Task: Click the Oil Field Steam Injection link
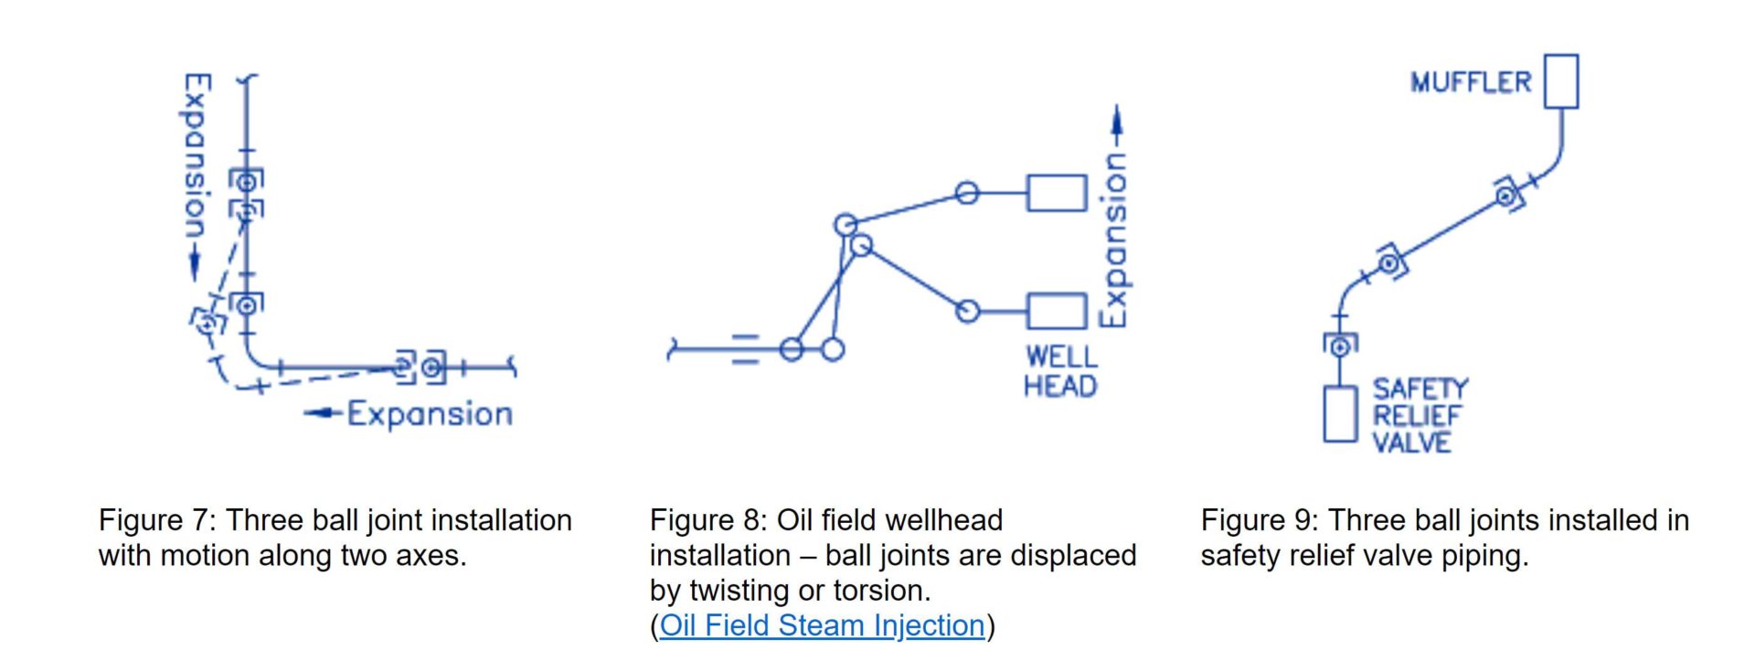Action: (x=822, y=625)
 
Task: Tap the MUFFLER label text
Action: (x=1470, y=82)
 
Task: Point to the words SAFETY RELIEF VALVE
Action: (x=1420, y=416)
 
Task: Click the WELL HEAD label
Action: (x=1060, y=371)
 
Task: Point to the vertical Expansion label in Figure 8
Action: (x=1113, y=240)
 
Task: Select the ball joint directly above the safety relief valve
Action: (x=1340, y=347)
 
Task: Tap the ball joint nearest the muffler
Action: (x=1506, y=195)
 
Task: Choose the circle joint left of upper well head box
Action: (x=967, y=193)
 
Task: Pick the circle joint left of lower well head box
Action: (x=967, y=312)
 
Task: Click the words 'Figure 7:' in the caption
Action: (x=157, y=520)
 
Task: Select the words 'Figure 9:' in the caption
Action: (x=1260, y=520)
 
